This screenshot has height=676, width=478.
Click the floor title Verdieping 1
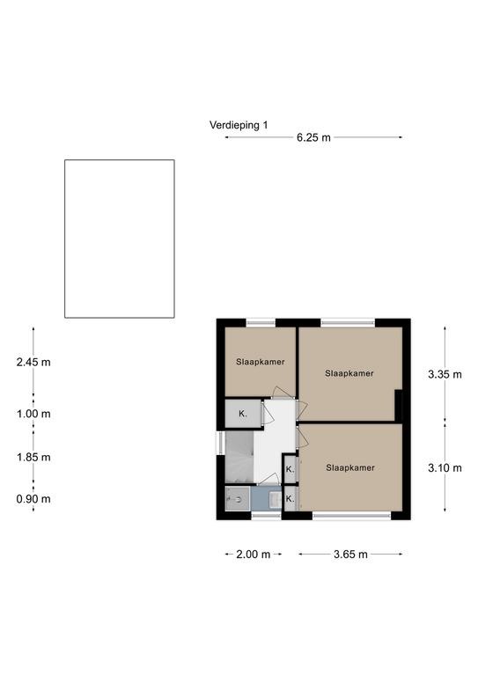pyautogui.click(x=239, y=125)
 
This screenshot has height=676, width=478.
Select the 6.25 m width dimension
pyautogui.click(x=313, y=137)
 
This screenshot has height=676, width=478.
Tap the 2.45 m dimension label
pyautogui.click(x=33, y=362)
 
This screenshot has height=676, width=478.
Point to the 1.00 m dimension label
pyautogui.click(x=33, y=414)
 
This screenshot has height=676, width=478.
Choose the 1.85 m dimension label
pyautogui.click(x=33, y=457)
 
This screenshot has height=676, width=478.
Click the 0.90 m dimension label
pyautogui.click(x=33, y=499)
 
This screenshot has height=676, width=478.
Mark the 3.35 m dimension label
pyautogui.click(x=445, y=374)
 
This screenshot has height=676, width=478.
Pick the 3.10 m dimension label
pyautogui.click(x=445, y=467)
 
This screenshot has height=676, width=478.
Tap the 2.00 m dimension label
pyautogui.click(x=253, y=555)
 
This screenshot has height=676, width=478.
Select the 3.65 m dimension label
pyautogui.click(x=350, y=555)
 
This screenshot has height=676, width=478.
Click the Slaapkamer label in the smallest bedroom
pyautogui.click(x=261, y=362)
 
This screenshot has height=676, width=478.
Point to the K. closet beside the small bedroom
pyautogui.click(x=243, y=414)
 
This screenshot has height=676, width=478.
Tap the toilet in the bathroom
pyautogui.click(x=236, y=499)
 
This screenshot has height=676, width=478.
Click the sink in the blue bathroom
pyautogui.click(x=275, y=500)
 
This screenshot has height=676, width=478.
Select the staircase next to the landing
pyautogui.click(x=239, y=458)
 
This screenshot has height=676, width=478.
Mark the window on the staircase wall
pyautogui.click(x=220, y=443)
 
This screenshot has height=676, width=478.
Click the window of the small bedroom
pyautogui.click(x=261, y=322)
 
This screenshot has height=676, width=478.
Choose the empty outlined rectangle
pyautogui.click(x=120, y=239)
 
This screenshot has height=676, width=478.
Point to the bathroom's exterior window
pyautogui.click(x=267, y=515)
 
